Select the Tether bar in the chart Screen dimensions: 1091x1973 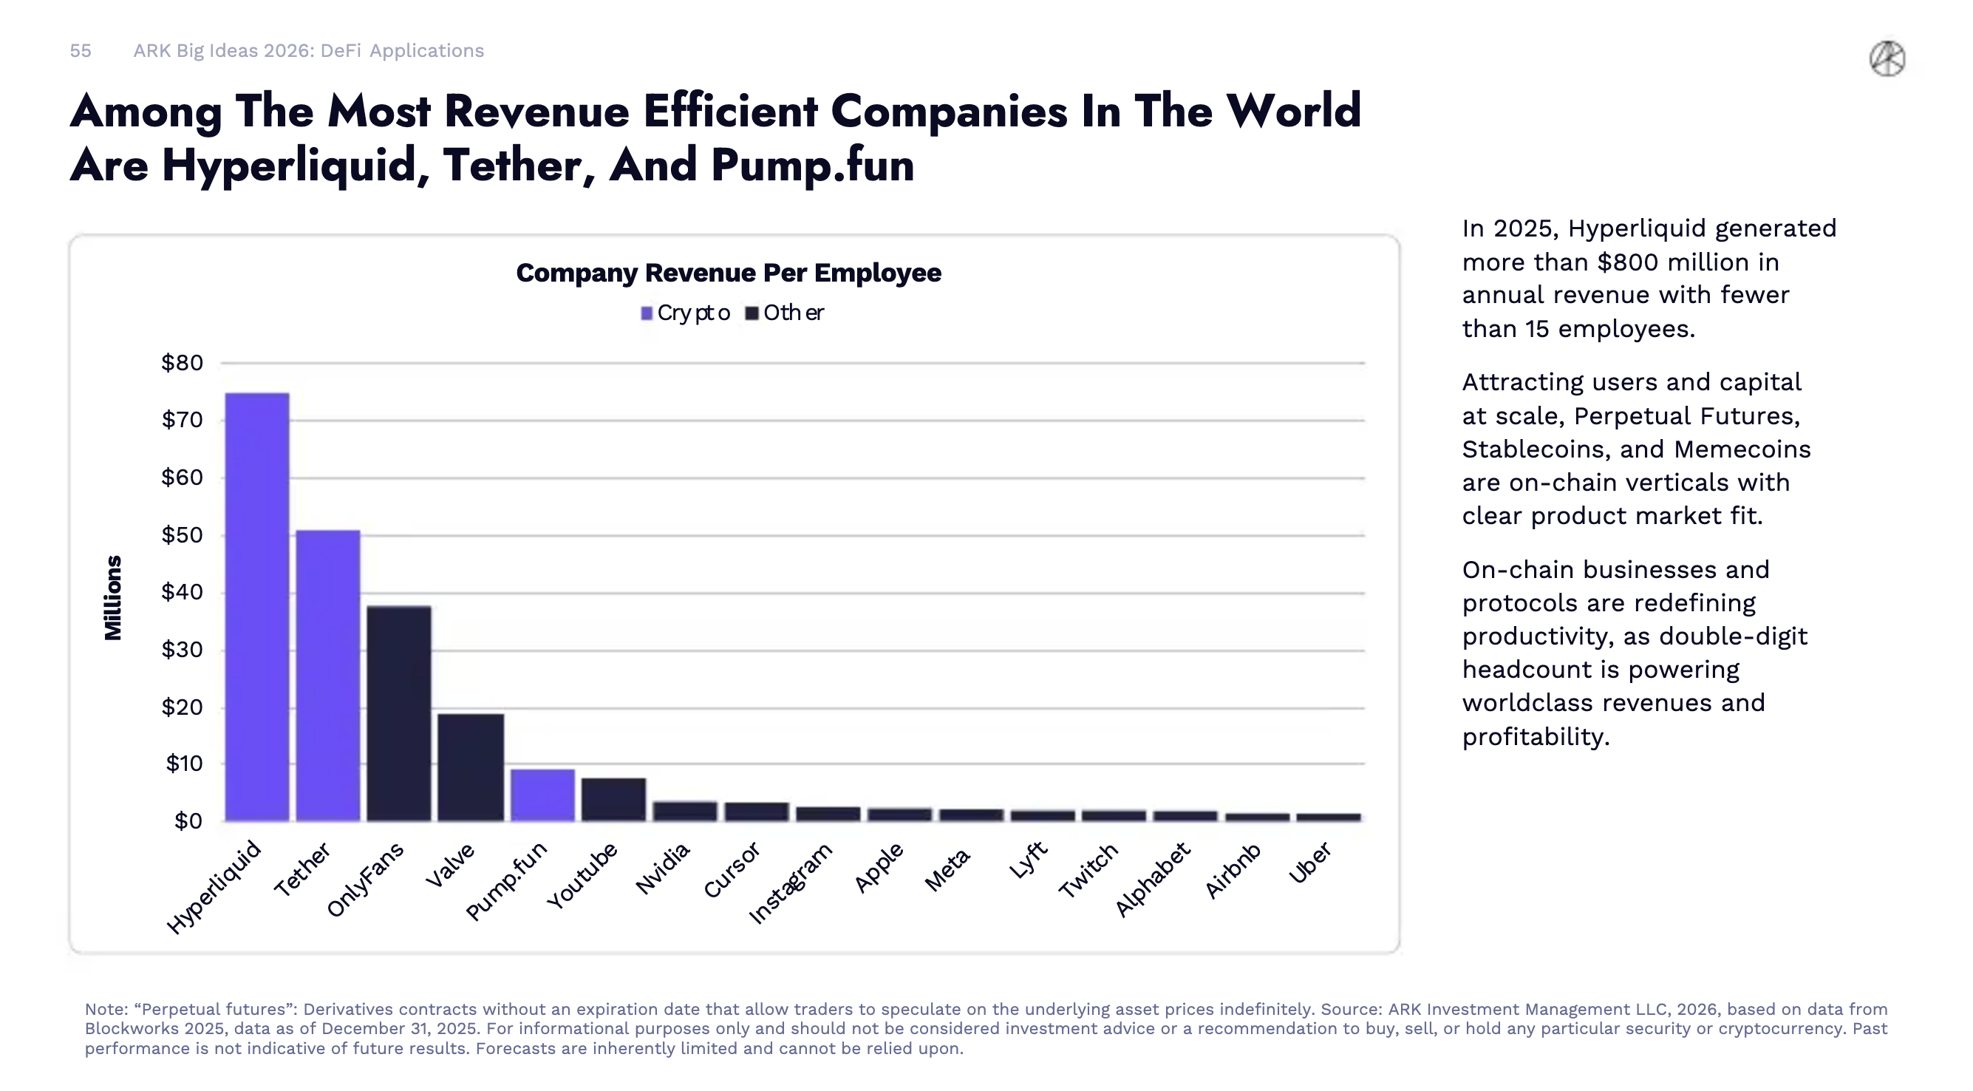328,675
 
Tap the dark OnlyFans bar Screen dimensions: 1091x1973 398,713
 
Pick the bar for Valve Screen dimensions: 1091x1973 470,767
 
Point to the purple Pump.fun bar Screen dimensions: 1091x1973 542,795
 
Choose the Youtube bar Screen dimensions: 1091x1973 613,799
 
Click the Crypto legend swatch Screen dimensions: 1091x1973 647,313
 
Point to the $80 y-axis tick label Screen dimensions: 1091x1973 182,363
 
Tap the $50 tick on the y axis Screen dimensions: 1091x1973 182,534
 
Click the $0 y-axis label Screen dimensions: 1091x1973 188,821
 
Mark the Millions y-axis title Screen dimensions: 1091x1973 113,597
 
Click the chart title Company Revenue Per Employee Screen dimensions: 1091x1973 729,273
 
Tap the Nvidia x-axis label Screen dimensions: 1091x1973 664,869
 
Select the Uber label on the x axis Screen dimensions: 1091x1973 1310,863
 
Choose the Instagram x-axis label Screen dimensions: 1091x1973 791,883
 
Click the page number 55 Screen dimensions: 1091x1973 81,50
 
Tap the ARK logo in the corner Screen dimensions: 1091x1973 1887,59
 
